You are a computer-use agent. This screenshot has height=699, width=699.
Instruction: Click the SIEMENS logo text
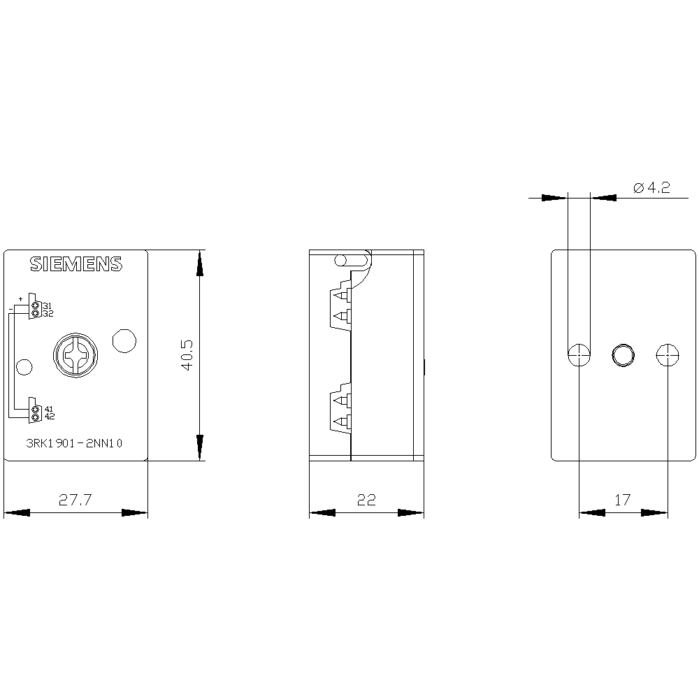75,264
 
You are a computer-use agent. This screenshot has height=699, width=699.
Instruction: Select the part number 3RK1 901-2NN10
74,443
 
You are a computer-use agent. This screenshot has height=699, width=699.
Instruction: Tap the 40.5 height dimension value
187,355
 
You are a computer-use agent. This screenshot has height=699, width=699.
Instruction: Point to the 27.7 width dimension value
75,500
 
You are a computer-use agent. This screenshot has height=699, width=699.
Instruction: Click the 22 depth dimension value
366,500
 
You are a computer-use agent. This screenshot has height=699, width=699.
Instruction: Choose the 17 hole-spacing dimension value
623,500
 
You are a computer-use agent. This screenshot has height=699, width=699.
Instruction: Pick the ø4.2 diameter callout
651,187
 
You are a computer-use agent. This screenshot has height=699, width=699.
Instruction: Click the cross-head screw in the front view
75,355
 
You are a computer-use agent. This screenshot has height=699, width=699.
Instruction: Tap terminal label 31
48,306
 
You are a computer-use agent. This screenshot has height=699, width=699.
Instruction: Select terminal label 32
48,313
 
